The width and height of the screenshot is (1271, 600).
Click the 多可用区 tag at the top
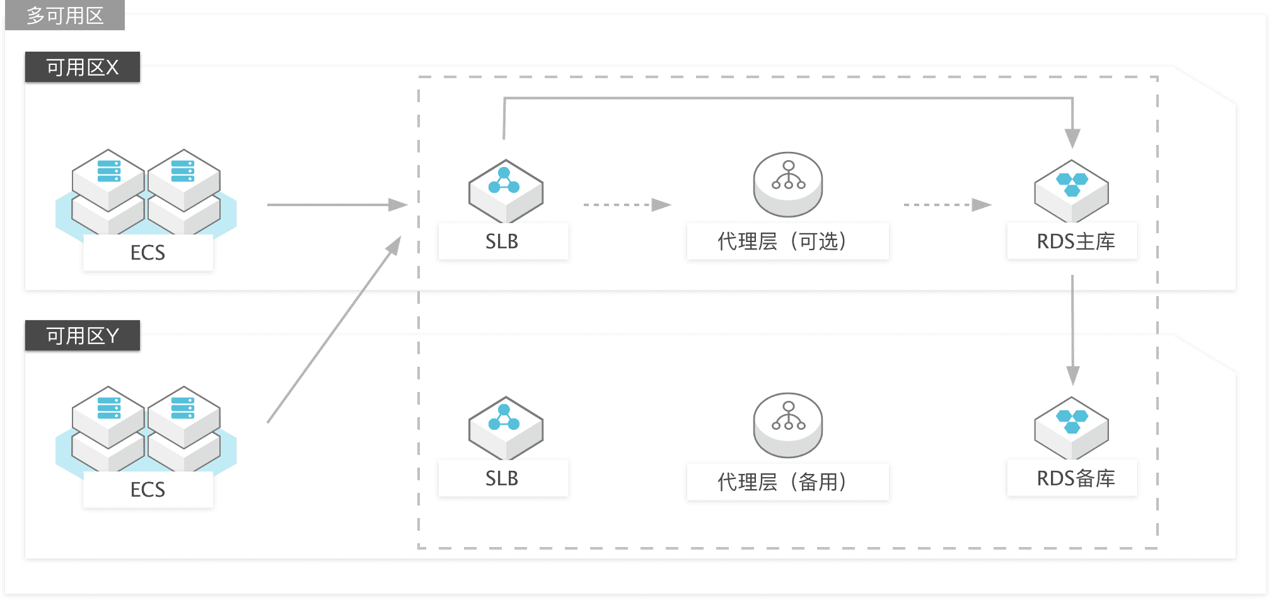click(65, 15)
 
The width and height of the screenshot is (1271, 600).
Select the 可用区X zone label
click(83, 67)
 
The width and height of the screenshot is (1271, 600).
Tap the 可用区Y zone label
click(83, 335)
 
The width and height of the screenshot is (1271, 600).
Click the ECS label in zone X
click(148, 253)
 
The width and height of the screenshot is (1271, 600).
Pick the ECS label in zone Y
click(148, 490)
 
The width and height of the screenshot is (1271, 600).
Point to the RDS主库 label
click(1076, 241)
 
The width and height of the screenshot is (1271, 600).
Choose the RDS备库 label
click(1076, 478)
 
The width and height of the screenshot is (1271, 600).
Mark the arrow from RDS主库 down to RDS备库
click(1072, 330)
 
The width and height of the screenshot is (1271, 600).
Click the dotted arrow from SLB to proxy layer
click(627, 205)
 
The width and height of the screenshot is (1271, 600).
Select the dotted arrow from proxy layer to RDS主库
click(948, 205)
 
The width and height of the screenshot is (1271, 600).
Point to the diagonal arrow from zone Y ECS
click(334, 329)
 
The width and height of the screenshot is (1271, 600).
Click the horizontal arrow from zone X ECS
click(337, 205)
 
